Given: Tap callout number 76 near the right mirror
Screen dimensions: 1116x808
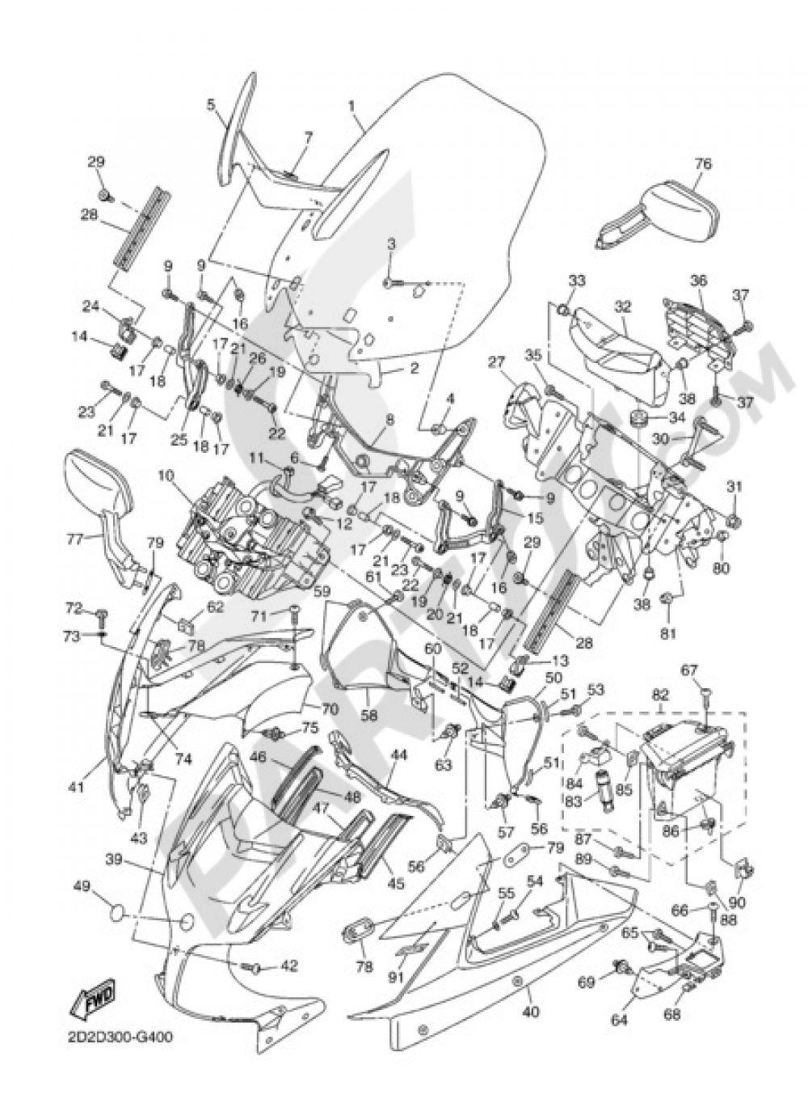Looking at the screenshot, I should [702, 164].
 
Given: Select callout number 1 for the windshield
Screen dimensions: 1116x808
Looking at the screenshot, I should [352, 106].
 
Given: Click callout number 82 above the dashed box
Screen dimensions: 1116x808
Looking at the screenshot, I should [661, 695].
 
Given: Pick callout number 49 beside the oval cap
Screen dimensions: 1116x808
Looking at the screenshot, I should [81, 887].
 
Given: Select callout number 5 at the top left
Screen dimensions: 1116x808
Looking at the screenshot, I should [211, 104].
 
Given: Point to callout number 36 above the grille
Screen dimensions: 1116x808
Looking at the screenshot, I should [698, 281].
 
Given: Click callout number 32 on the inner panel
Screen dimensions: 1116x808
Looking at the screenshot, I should [621, 306].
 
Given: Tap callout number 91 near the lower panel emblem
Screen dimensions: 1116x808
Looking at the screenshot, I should [396, 976].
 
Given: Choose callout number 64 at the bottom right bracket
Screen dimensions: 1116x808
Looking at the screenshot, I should [619, 1020].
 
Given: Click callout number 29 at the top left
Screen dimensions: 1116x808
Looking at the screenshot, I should [96, 163].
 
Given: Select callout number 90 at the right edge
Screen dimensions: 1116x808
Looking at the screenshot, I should [736, 903].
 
